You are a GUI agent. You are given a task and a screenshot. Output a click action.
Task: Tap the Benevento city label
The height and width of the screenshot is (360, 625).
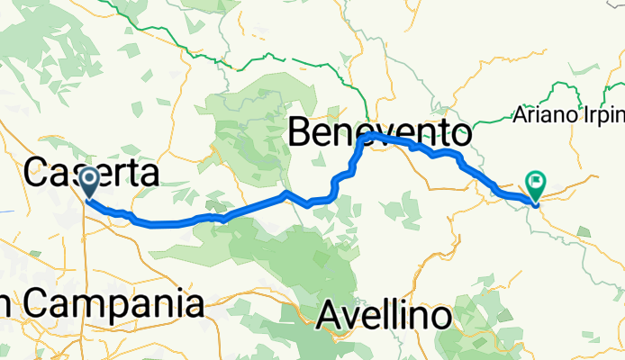coord(379,135)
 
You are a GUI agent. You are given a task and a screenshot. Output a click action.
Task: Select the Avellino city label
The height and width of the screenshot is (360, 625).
coord(385,316)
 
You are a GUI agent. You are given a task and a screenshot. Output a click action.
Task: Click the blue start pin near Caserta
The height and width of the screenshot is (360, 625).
coord(90,181)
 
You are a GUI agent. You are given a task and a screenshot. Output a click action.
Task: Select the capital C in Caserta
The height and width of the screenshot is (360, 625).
coord(37,173)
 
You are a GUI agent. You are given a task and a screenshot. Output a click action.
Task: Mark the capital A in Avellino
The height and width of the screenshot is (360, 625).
coord(331,316)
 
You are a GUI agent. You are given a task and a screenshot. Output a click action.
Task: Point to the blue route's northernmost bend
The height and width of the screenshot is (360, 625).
coord(370,135)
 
